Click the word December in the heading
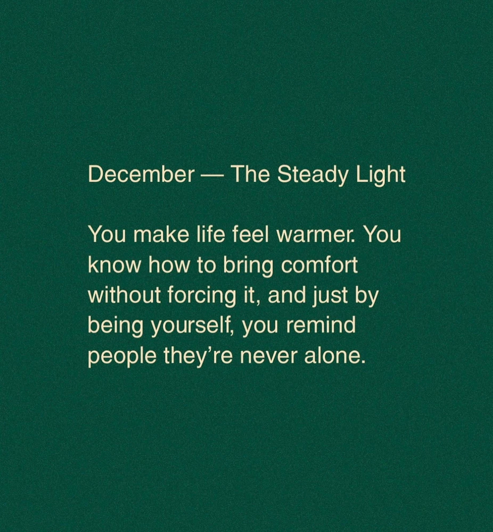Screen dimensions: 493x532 click(141, 174)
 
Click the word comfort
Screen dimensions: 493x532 click(319, 264)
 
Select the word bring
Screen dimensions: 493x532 click(248, 267)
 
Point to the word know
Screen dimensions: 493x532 click(114, 264)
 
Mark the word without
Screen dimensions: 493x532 click(124, 295)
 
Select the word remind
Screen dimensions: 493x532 click(321, 325)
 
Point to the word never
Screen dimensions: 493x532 click(268, 358)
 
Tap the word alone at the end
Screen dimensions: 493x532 click(335, 355)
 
